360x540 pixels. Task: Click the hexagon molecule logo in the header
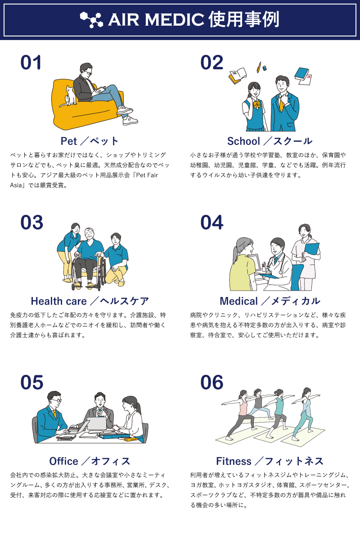pos(92,19)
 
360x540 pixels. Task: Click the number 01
pos(31,63)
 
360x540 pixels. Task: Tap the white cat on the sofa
pos(69,96)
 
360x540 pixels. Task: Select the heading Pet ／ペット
pos(90,141)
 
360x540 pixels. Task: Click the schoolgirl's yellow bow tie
pos(256,104)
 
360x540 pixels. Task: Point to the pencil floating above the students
pos(259,67)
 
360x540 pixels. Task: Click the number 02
pos(211,63)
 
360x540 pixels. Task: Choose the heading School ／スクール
pos(270,141)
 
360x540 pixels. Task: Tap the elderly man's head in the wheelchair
pos(90,234)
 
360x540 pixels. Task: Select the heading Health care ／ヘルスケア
pos(90,301)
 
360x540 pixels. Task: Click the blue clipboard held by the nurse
pos(311,251)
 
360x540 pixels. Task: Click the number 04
pos(211,222)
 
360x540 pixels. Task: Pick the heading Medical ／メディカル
pos(270,301)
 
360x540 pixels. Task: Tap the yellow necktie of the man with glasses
pos(55,414)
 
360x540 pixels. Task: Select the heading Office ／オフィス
pos(90,461)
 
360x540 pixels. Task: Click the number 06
pos(211,382)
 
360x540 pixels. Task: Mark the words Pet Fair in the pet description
pos(147,175)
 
